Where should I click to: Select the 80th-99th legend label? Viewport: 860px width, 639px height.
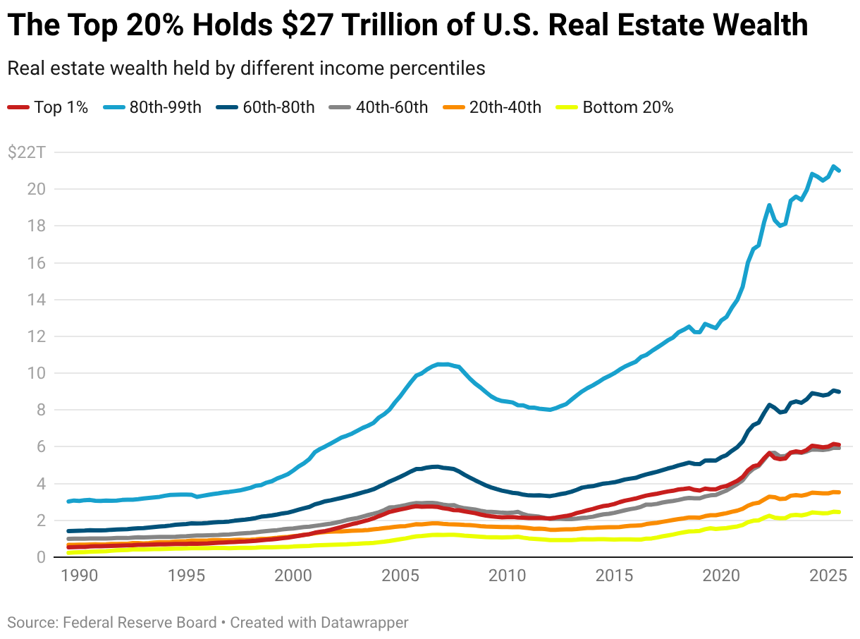point(165,108)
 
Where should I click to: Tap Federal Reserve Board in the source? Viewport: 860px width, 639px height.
point(140,623)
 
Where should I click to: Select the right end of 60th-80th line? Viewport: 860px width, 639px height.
point(838,391)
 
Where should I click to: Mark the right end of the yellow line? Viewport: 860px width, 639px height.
point(838,512)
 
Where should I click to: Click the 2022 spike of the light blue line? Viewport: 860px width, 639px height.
point(769,205)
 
